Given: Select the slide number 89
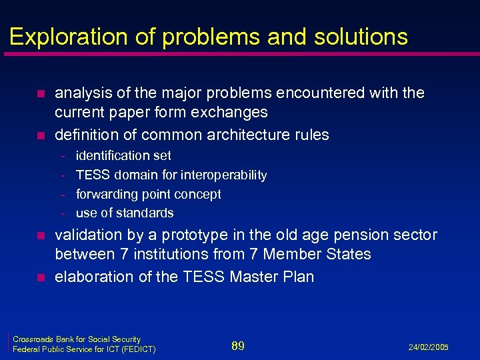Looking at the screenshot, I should (238, 345).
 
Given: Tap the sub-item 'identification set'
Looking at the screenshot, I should (123, 156).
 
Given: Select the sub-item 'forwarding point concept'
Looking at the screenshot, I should (148, 195).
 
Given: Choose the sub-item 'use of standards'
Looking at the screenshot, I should (125, 213).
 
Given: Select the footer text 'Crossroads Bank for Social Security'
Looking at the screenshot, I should (77, 339).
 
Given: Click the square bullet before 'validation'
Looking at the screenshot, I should (41, 235).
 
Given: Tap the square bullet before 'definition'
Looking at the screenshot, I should (41, 135).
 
